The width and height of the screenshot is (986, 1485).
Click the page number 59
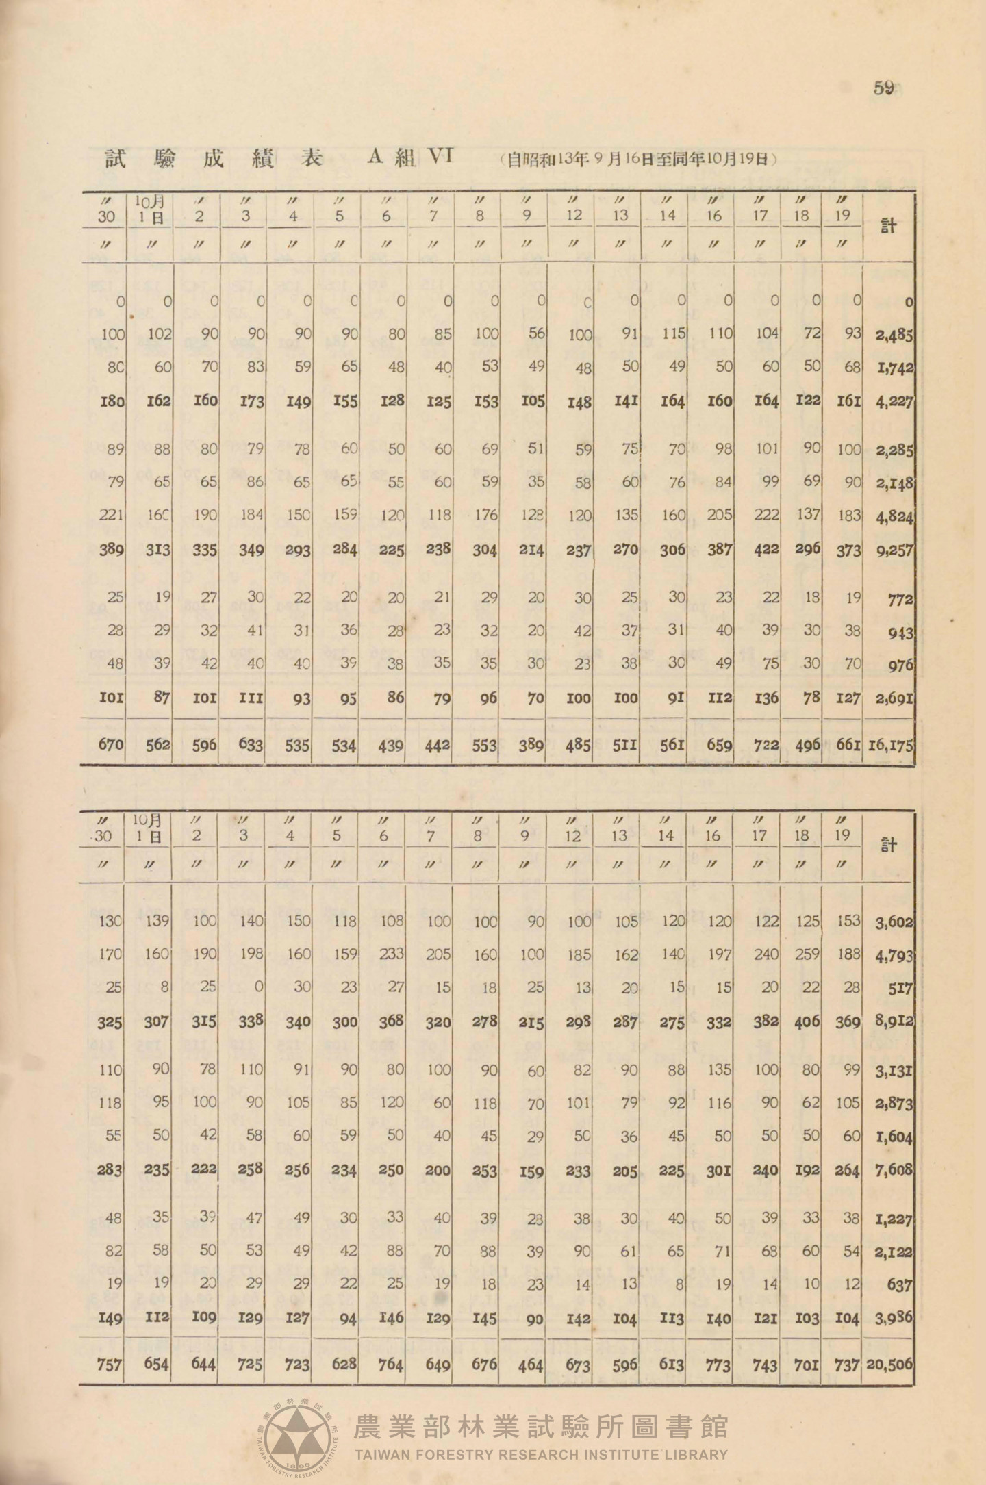pos(884,89)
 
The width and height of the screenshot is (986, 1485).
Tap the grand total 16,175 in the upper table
pos(891,745)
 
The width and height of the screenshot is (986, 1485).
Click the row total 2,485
pos(895,335)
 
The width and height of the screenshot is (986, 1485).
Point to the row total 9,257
pos(895,550)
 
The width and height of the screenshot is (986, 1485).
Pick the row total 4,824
pos(895,516)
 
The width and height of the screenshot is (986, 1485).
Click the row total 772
pos(900,598)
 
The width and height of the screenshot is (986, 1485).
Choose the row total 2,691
pos(895,698)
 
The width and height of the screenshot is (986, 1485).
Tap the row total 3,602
pos(894,922)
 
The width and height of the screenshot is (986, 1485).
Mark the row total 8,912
pos(894,1021)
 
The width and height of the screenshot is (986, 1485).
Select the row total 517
pos(900,988)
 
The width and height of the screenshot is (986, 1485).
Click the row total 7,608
pos(894,1169)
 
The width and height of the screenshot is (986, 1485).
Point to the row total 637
pos(900,1284)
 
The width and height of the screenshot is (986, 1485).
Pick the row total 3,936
pos(894,1318)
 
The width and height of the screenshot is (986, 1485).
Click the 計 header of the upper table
pos(888,227)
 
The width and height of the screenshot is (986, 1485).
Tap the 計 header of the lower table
pos(888,846)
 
